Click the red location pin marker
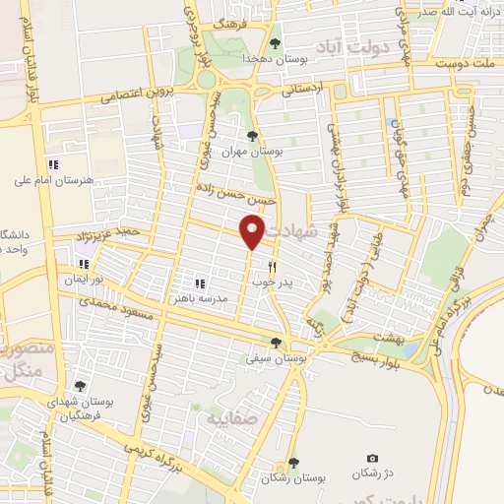[x=252, y=230]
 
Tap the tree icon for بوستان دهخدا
[x=275, y=43]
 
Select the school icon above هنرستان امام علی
[x=54, y=163]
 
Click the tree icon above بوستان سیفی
[x=275, y=344]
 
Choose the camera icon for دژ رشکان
[x=372, y=459]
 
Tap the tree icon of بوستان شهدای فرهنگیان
[x=79, y=387]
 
